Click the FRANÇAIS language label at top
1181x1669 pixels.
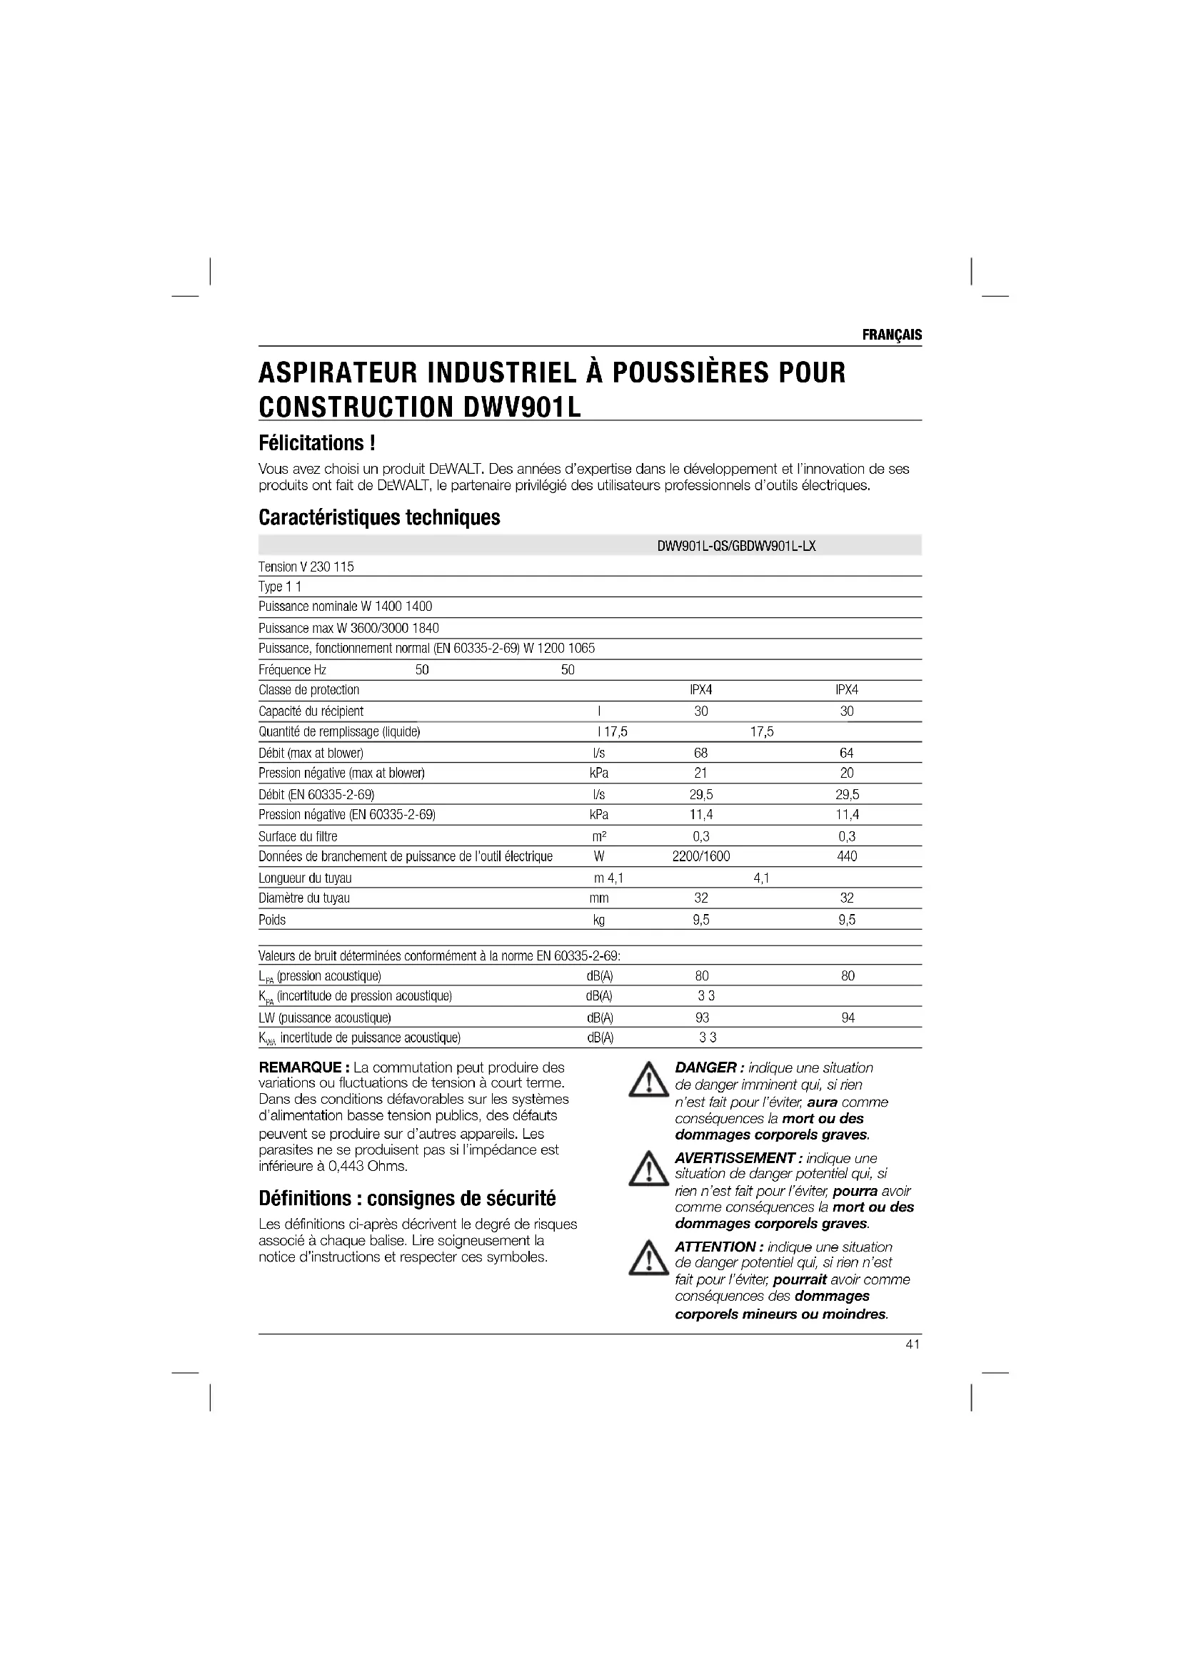point(892,335)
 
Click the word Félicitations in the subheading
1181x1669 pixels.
point(312,442)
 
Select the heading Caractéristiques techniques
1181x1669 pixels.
point(379,517)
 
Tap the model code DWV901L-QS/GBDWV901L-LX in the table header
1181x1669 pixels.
point(736,546)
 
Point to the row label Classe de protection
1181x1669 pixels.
point(309,690)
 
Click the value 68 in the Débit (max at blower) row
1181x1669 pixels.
point(700,753)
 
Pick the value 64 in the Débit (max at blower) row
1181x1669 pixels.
point(847,753)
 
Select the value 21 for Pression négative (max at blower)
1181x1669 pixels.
point(700,773)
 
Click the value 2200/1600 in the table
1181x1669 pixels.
point(701,856)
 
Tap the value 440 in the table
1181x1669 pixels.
point(848,856)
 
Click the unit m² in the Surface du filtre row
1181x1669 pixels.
point(599,837)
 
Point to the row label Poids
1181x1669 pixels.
point(272,920)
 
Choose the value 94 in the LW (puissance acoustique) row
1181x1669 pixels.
point(848,1018)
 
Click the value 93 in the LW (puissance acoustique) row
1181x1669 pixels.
point(702,1018)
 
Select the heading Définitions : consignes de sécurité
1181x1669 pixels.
point(406,1198)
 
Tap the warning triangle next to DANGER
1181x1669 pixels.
point(648,1082)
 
